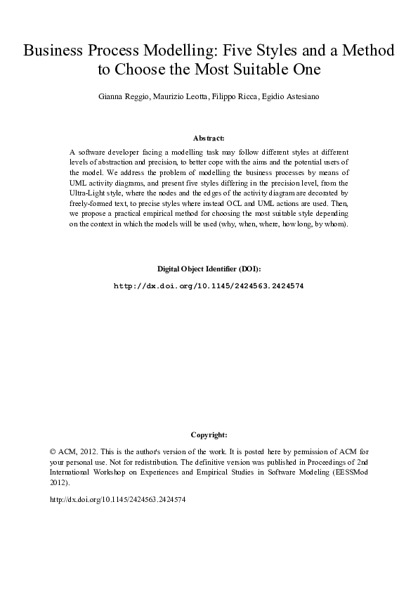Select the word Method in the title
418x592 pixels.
pos(365,52)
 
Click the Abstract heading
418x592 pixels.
pos(209,139)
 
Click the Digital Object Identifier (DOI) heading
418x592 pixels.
pos(209,269)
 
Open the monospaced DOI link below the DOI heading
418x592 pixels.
pos(209,287)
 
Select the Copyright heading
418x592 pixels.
pos(209,435)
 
